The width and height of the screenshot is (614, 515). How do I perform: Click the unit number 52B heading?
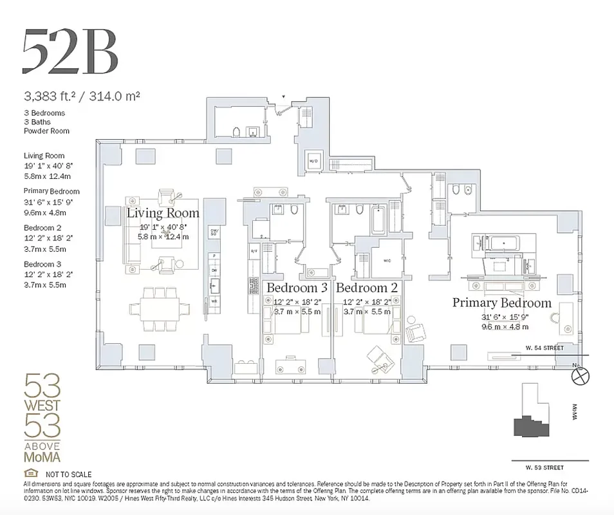point(70,51)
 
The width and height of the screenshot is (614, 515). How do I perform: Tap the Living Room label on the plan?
point(163,212)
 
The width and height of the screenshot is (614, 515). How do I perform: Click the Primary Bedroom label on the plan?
point(501,302)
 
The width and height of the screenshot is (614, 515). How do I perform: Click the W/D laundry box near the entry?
point(314,160)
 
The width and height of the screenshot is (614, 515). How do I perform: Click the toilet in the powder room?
point(236,133)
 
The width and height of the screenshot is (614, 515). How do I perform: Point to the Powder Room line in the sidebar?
point(46,131)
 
